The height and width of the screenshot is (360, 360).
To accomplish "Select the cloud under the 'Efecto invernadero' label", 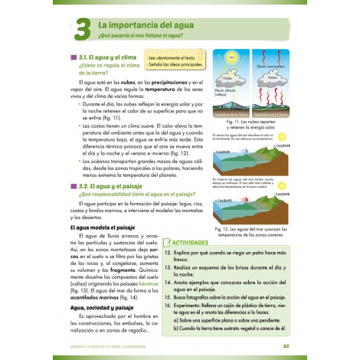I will click(272, 77).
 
